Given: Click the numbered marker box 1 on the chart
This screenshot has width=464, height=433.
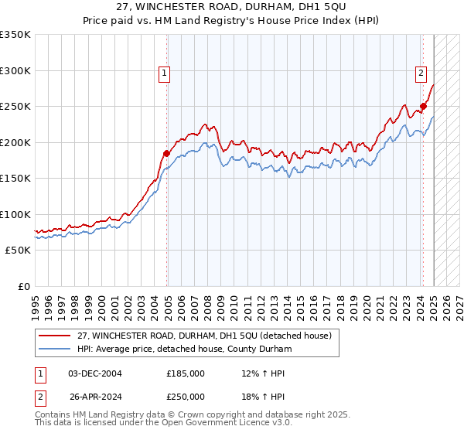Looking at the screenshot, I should (x=165, y=73).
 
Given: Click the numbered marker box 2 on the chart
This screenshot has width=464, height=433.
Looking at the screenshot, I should (x=421, y=73).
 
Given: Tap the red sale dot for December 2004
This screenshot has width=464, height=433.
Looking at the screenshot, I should (x=166, y=153).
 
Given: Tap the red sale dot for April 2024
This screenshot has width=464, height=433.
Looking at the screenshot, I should (x=423, y=107).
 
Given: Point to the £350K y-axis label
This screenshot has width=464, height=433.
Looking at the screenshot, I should (x=15, y=35).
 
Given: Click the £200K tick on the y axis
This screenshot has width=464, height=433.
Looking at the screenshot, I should (x=15, y=142).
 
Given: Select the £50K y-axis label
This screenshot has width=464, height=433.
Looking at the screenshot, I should (x=19, y=251).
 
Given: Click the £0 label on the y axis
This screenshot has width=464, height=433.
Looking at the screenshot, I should (x=25, y=286).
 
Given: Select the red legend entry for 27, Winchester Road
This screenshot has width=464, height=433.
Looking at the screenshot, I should (x=204, y=336).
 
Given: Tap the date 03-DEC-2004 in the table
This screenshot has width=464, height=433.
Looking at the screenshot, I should (x=95, y=373).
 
